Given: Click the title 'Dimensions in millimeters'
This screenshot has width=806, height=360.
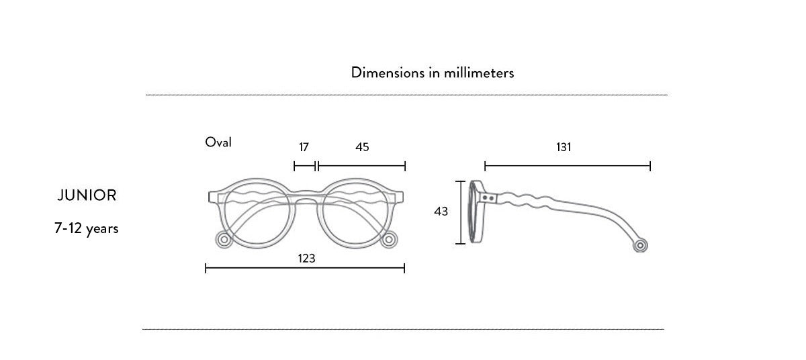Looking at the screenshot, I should [x=432, y=73].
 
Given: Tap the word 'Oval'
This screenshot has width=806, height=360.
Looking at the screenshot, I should [x=218, y=142].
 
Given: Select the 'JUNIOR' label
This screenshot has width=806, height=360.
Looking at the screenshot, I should [x=87, y=195].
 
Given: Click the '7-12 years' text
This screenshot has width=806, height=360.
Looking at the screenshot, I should [x=87, y=228].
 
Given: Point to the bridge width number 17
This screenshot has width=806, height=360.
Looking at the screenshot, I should [x=304, y=147].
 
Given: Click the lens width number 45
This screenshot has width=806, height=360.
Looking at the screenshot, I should [x=362, y=147].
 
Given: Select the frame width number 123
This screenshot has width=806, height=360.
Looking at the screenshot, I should [x=306, y=257].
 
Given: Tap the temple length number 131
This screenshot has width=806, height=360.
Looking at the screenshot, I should [x=564, y=147].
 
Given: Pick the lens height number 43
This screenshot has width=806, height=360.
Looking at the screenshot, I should [x=441, y=212].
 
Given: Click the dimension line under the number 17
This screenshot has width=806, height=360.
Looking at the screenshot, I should [x=305, y=166].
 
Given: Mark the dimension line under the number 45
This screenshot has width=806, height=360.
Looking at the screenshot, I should [x=361, y=166].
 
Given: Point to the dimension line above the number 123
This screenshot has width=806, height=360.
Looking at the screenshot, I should [x=305, y=268].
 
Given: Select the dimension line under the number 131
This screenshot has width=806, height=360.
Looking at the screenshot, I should [x=568, y=166].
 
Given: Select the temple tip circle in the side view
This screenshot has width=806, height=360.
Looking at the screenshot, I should [x=641, y=246].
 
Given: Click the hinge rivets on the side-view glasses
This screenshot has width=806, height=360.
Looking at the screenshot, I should [x=489, y=198].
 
